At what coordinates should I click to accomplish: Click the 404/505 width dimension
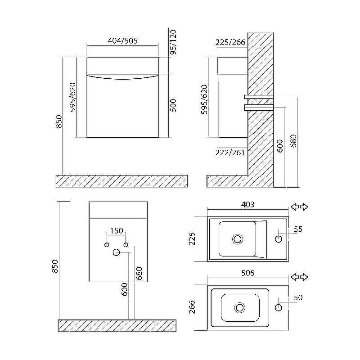coord(122,41)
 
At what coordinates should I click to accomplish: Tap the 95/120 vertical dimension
coord(173,42)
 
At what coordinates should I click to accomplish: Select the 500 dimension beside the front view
coord(173,105)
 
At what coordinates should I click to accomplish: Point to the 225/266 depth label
coord(230,42)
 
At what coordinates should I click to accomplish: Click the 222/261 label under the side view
coord(230,153)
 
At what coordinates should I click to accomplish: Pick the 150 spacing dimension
coord(117,230)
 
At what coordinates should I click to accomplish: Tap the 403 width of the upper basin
coord(248,205)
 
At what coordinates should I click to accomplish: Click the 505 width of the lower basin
coord(248,273)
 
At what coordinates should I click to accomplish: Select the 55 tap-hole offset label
coord(298,229)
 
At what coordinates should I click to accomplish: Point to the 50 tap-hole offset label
coord(298,297)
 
